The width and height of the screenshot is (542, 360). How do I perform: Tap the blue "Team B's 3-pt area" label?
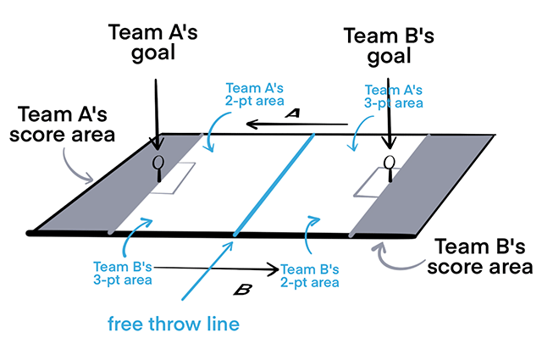[124, 272]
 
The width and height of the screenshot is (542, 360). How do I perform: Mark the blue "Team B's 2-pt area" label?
[310, 272]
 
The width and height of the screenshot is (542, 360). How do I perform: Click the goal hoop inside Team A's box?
[158, 163]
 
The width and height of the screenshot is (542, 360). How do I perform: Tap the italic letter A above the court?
[292, 114]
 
